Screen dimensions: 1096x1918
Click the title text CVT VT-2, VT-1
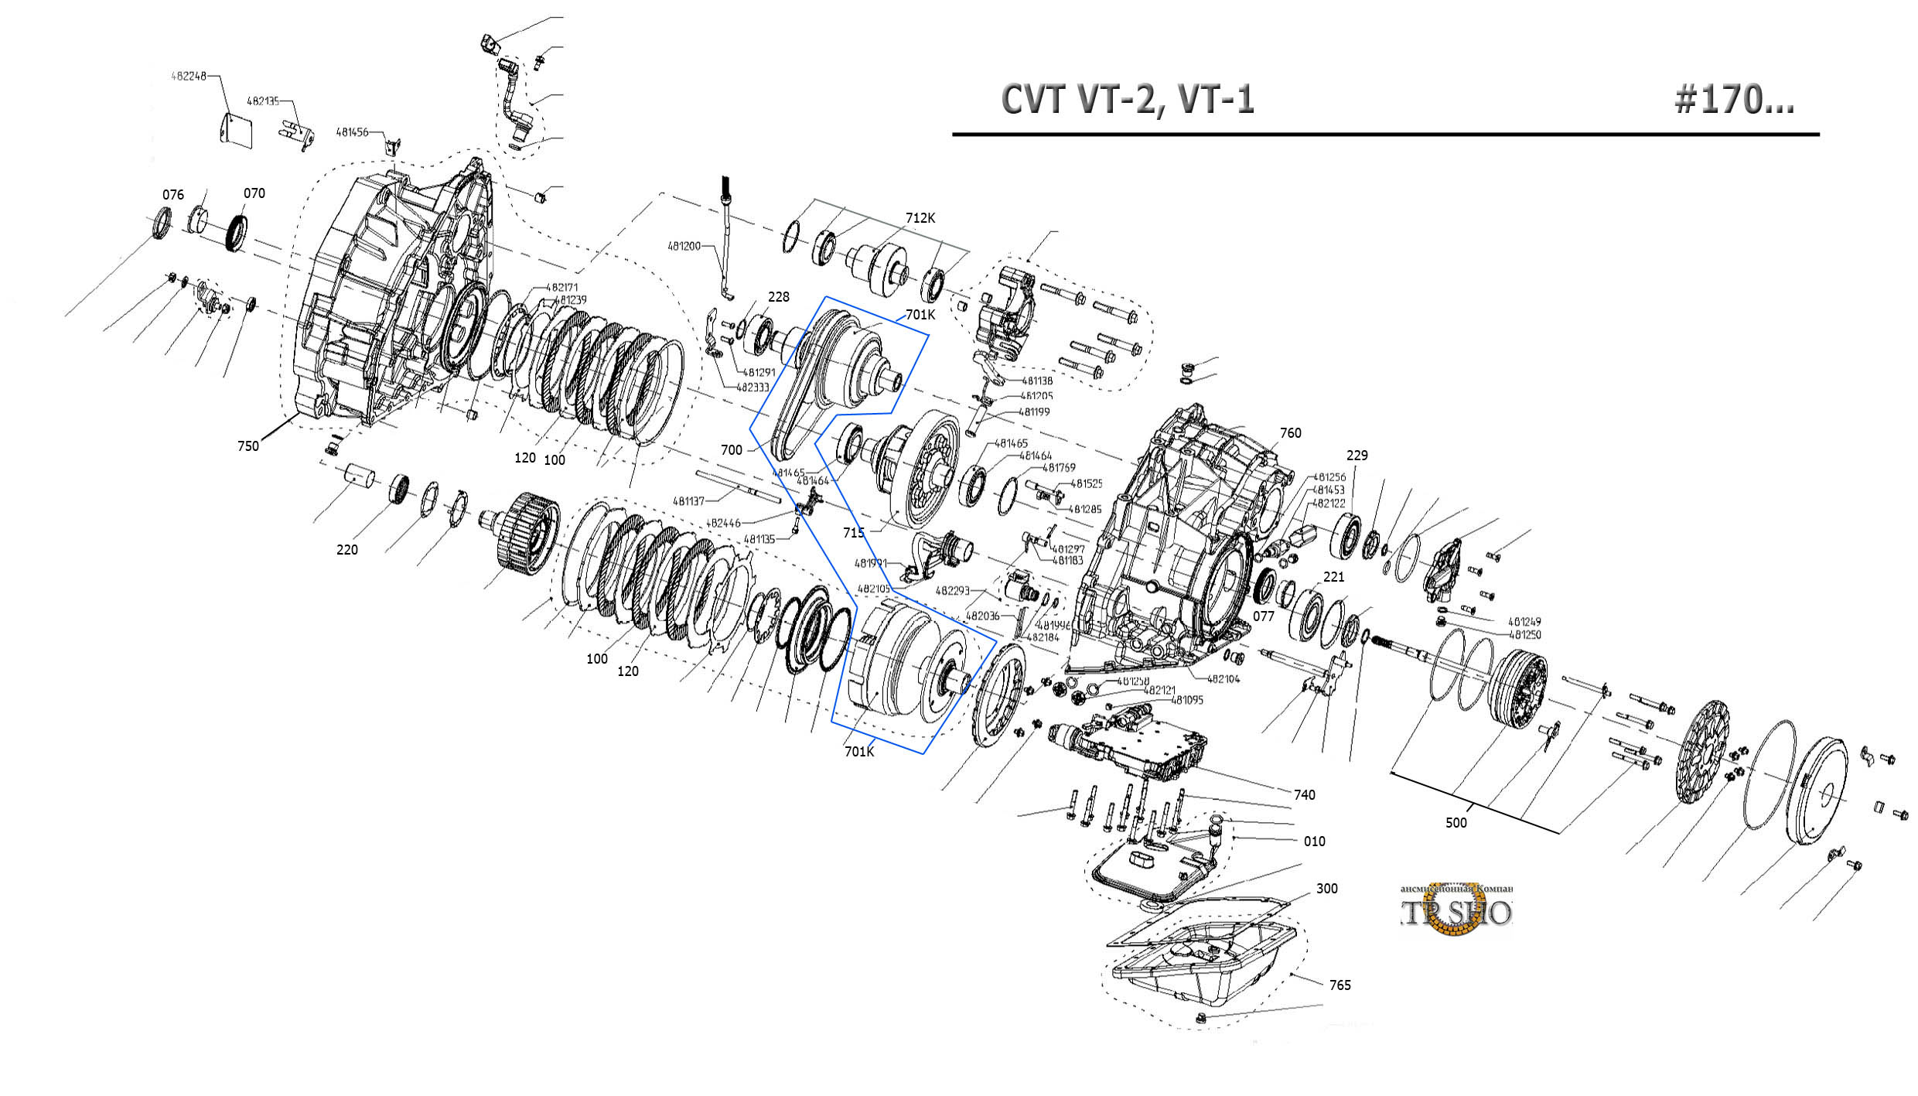tap(1127, 100)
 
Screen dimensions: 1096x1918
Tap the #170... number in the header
tap(1733, 100)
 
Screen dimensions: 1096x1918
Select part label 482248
tap(189, 76)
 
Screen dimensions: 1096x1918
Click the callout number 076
tap(173, 194)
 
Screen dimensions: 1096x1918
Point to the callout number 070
tap(254, 193)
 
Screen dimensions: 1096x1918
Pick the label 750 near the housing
tap(248, 446)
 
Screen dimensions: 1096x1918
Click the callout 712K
tap(920, 218)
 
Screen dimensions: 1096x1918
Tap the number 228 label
tap(779, 296)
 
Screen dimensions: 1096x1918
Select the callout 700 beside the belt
tap(732, 449)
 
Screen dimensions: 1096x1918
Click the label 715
tap(854, 532)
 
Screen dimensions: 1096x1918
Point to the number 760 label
tap(1291, 432)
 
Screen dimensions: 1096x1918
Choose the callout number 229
tap(1357, 455)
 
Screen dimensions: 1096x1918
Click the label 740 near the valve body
tap(1305, 794)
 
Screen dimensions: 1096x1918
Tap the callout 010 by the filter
tap(1315, 841)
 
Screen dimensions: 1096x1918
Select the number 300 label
tap(1327, 888)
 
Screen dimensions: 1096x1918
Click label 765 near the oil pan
tap(1340, 985)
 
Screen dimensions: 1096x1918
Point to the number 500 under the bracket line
tap(1456, 822)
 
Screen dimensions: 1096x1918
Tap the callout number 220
tap(347, 549)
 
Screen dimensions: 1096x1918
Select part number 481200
tap(684, 246)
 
